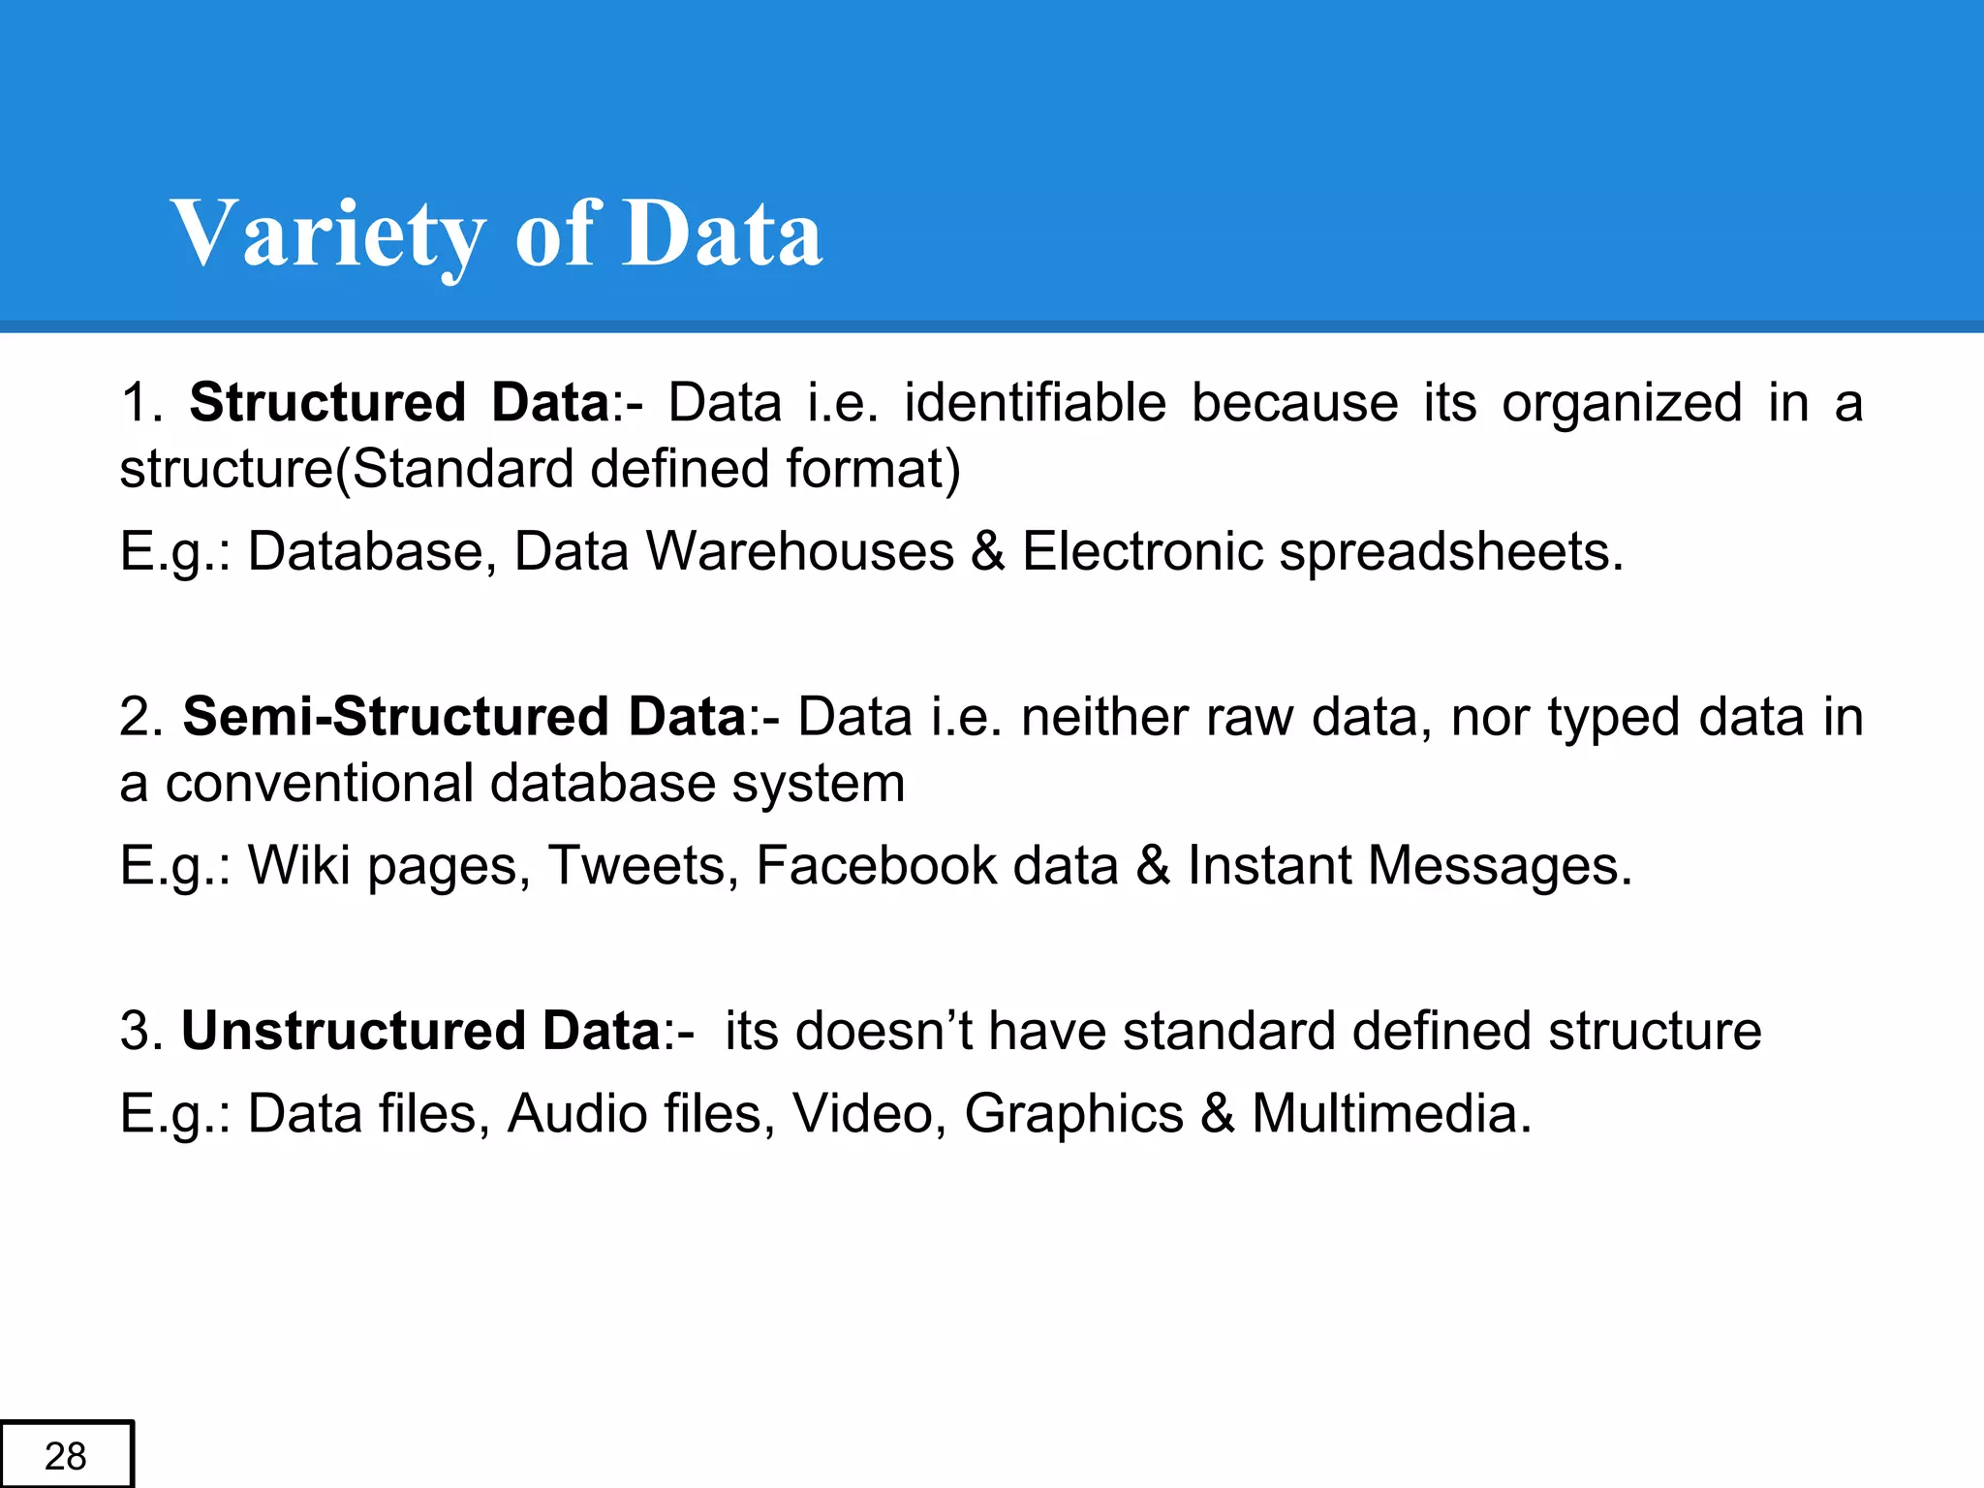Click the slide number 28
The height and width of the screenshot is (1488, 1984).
tap(66, 1456)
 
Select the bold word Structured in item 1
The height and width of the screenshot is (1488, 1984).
tap(327, 402)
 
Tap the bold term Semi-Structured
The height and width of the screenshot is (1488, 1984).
tap(395, 717)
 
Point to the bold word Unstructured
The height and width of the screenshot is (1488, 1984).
tap(353, 1030)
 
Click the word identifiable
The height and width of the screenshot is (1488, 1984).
tap(1035, 402)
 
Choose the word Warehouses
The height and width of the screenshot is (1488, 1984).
tap(800, 551)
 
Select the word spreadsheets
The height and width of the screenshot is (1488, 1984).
tap(1450, 551)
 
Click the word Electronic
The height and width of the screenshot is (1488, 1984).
tap(1142, 551)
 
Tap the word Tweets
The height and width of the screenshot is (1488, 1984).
tap(636, 865)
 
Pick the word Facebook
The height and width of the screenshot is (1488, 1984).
tap(876, 865)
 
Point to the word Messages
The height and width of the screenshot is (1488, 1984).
tap(1499, 865)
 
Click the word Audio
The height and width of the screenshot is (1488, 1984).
tap(580, 1113)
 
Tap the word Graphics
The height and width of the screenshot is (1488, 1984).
tap(1073, 1113)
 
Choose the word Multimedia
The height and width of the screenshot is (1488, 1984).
tap(1391, 1113)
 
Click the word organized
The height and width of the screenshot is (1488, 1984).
tap(1622, 402)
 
